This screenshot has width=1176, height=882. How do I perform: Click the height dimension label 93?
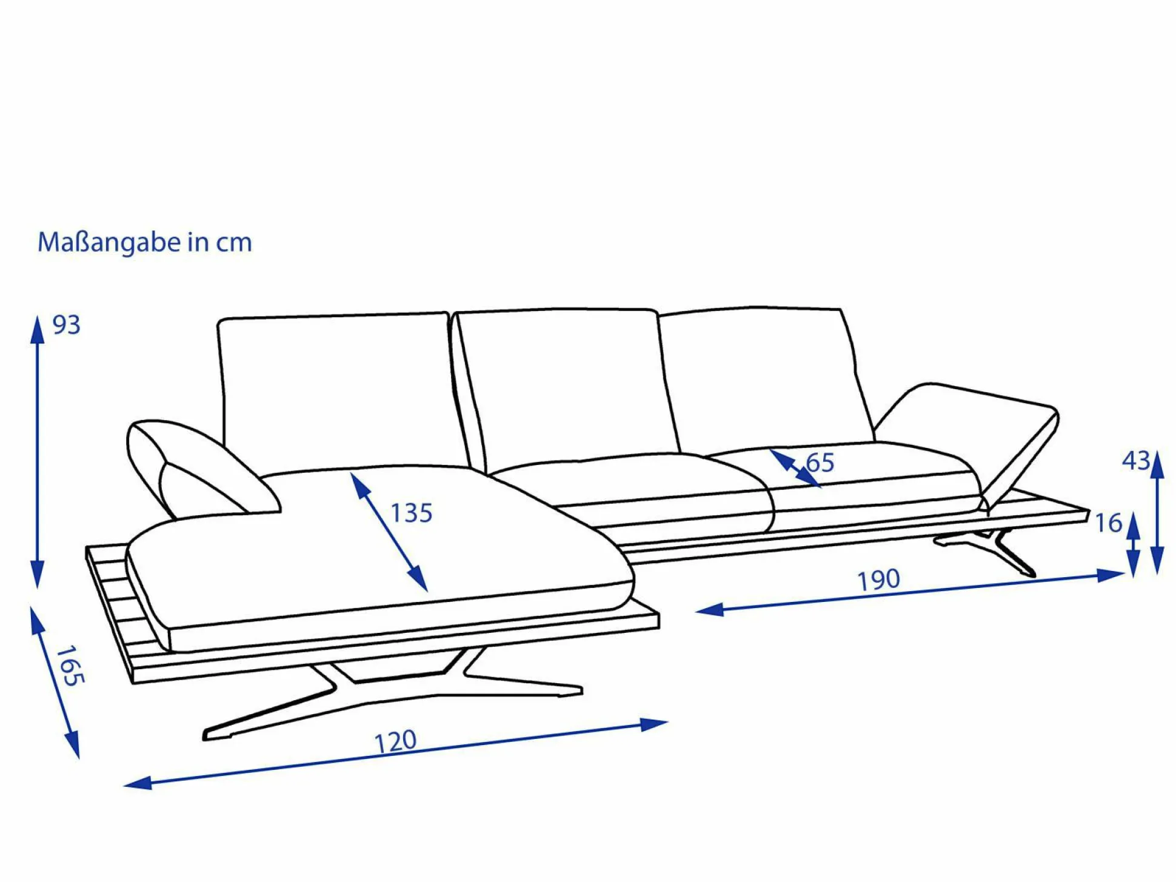click(x=67, y=326)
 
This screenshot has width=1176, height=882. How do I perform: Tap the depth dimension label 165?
click(x=70, y=666)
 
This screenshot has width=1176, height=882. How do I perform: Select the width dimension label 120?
click(x=395, y=742)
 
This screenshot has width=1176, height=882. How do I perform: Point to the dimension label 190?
click(x=878, y=580)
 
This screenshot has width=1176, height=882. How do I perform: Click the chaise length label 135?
click(x=411, y=513)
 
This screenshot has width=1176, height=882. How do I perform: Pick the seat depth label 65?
click(x=820, y=463)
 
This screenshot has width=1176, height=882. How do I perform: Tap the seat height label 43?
click(x=1136, y=461)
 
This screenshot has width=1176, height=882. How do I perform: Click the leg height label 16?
click(x=1109, y=523)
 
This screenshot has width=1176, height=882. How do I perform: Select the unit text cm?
click(x=234, y=242)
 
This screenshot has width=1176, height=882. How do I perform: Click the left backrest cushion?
click(x=336, y=388)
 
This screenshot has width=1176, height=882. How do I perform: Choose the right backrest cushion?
click(x=764, y=376)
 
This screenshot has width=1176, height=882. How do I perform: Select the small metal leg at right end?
click(x=994, y=549)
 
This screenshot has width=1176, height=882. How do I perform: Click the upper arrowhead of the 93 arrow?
click(x=38, y=330)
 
